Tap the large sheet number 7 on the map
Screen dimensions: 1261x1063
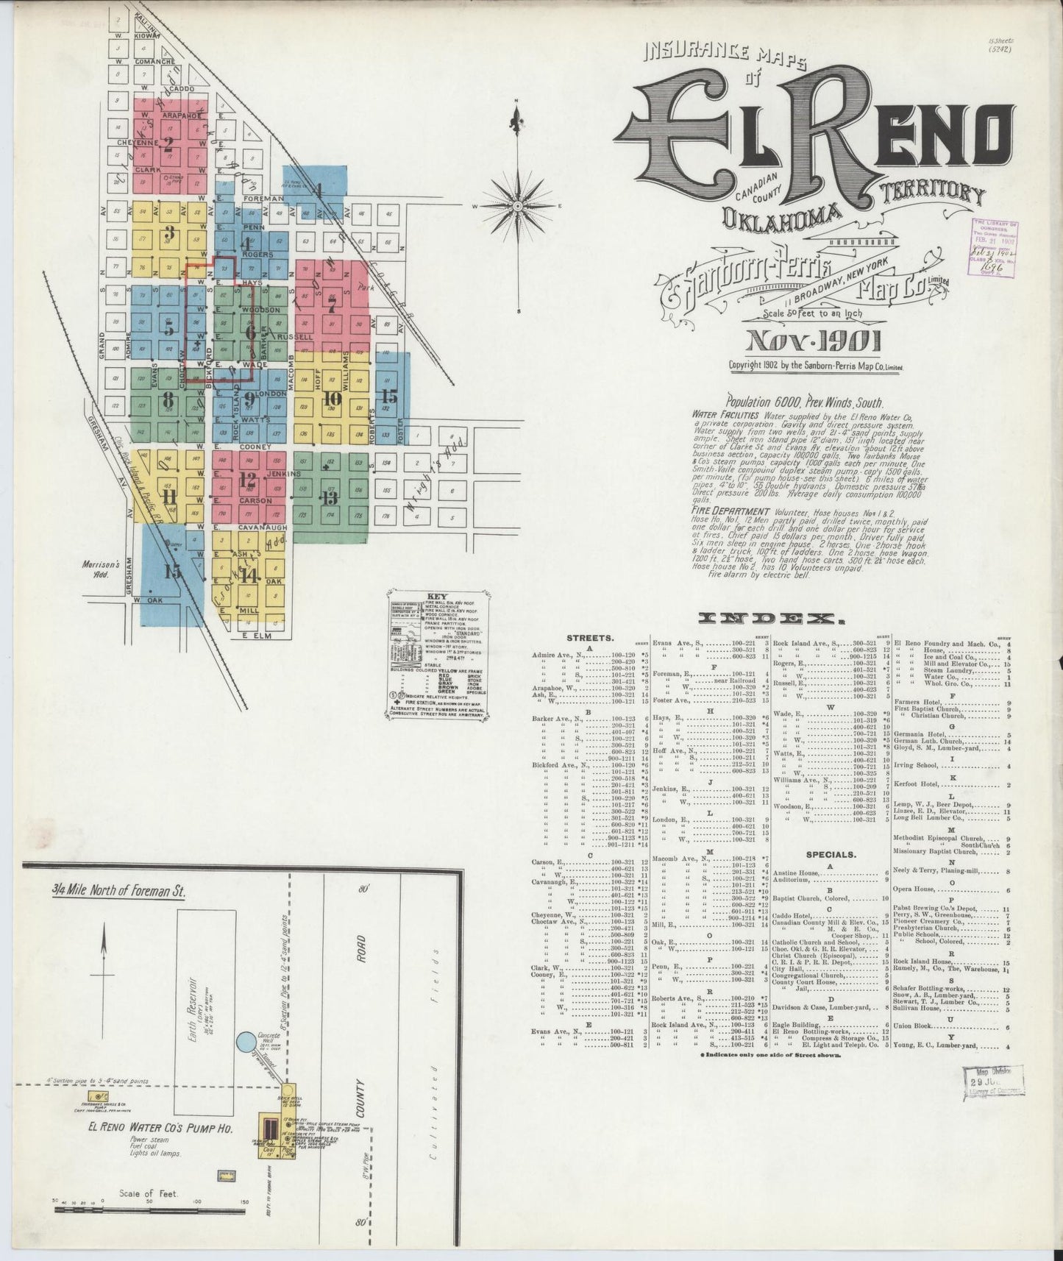(x=333, y=302)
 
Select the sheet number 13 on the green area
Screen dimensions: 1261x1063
(x=328, y=496)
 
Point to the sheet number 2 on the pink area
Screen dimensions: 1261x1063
(x=169, y=143)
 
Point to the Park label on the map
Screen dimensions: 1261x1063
(x=358, y=289)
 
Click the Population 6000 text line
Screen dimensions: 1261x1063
(x=804, y=402)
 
